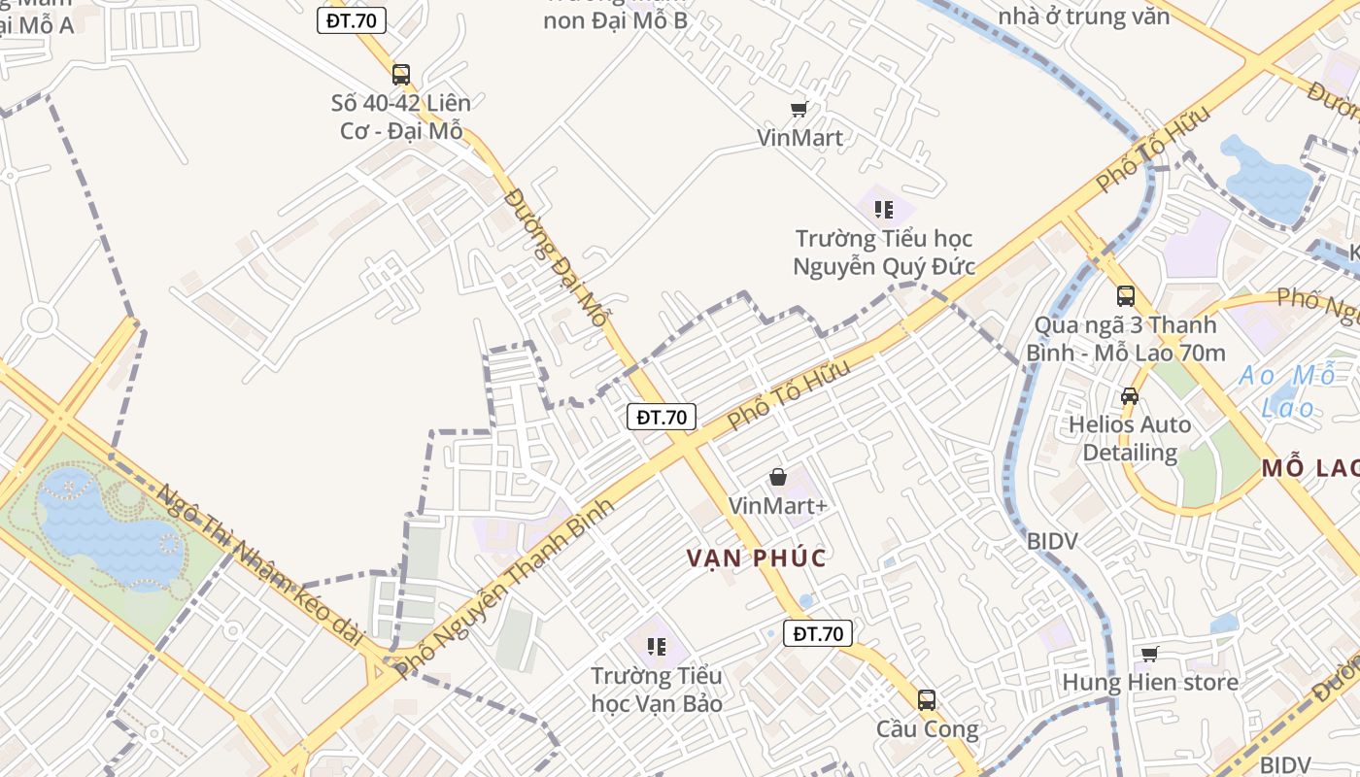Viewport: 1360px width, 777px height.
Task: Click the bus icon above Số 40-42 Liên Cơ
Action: tap(400, 74)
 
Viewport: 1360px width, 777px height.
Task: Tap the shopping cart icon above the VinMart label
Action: tap(799, 110)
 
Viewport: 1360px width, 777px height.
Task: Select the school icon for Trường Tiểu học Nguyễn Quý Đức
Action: tap(883, 209)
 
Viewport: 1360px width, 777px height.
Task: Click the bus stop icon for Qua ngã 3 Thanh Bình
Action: tap(1125, 295)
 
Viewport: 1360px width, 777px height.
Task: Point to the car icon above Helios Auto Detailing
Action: tap(1129, 395)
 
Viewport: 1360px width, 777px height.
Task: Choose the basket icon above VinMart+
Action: tap(777, 477)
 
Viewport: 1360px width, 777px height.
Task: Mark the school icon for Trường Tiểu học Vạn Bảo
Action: tap(656, 646)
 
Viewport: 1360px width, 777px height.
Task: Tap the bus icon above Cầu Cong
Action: tap(926, 699)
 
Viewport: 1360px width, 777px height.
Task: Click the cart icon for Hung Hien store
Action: tap(1149, 654)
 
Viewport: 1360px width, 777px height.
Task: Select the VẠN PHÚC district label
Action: tap(757, 558)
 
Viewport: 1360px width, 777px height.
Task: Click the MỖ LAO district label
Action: tap(1309, 469)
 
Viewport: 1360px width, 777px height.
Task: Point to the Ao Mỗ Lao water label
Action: tap(1287, 390)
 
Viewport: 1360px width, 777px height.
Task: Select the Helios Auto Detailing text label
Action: tap(1129, 438)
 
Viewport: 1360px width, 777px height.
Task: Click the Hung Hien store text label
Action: tap(1149, 682)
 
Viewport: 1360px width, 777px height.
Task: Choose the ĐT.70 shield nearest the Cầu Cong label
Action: tap(818, 634)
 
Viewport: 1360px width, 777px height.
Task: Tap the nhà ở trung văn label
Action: tap(1083, 17)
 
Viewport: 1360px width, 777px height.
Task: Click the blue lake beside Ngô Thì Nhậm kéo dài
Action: tap(107, 529)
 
